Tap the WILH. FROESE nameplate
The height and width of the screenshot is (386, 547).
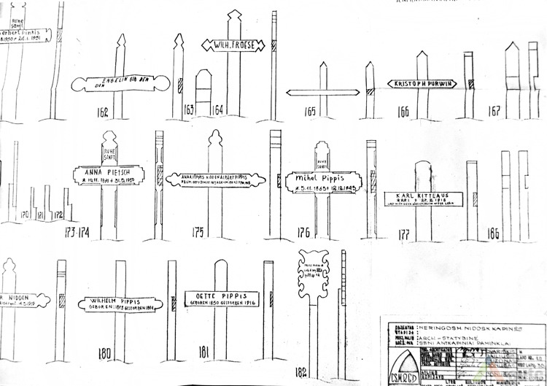tap(232, 45)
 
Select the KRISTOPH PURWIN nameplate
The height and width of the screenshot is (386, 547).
tap(422, 84)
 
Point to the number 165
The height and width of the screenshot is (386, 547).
tap(311, 112)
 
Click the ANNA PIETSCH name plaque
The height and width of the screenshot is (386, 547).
tap(109, 175)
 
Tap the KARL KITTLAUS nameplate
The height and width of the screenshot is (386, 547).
tap(419, 199)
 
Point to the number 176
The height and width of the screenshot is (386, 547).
tap(303, 233)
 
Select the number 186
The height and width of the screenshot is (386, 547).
tap(492, 233)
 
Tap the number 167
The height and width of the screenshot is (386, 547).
tap(494, 112)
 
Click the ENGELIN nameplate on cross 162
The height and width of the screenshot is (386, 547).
tap(121, 83)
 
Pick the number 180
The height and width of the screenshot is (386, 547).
tap(104, 354)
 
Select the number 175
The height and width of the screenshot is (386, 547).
tap(198, 232)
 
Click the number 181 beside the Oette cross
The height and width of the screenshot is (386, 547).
tap(204, 352)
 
